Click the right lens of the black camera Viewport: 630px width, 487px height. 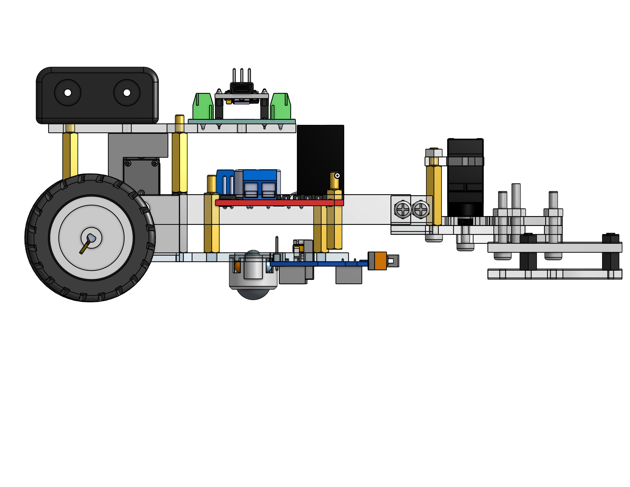click(127, 93)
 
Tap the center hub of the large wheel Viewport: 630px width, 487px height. click(91, 238)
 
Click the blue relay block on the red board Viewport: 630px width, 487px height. click(260, 185)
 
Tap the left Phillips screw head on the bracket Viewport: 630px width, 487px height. click(403, 209)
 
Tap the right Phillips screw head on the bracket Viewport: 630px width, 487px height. click(421, 209)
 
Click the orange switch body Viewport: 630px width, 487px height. click(380, 261)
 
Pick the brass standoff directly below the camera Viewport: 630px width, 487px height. click(70, 156)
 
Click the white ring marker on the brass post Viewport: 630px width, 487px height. click(337, 175)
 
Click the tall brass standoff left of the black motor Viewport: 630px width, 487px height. click(434, 195)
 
